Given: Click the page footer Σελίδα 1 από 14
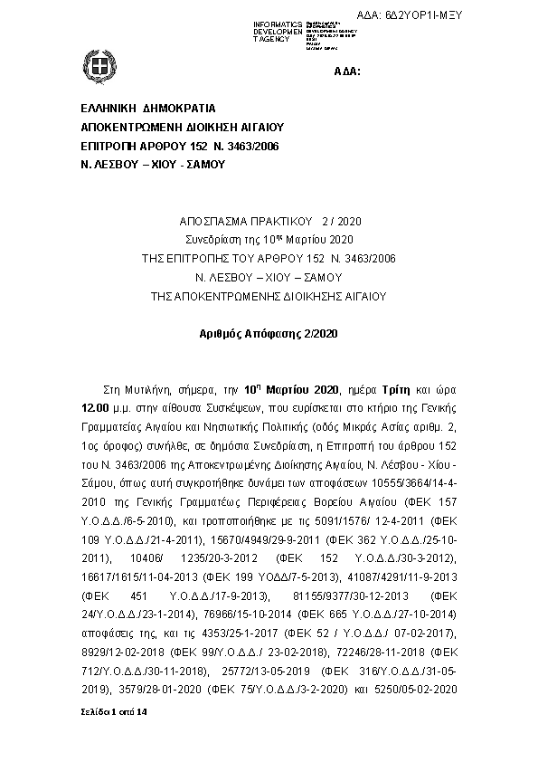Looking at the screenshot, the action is tap(113, 714).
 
